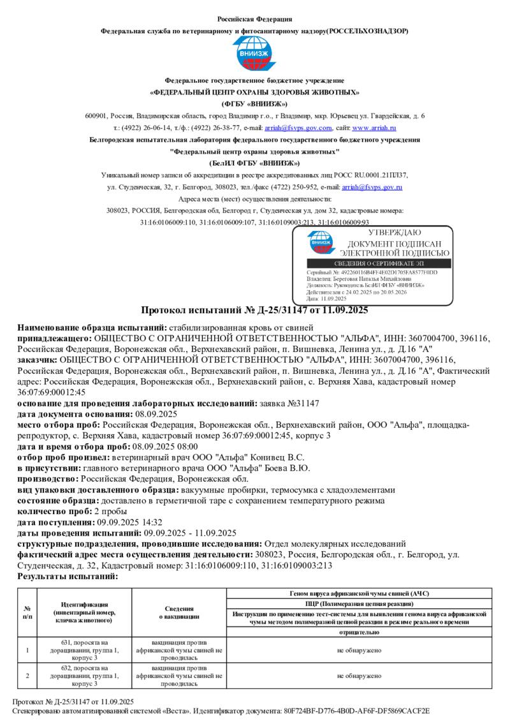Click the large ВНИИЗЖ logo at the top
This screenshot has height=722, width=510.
[254, 54]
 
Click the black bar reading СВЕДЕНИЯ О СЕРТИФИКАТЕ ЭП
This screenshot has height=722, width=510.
[377, 263]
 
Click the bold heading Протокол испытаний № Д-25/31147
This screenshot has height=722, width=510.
[254, 311]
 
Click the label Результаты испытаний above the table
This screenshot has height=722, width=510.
[68, 576]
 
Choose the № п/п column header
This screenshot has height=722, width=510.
[27, 612]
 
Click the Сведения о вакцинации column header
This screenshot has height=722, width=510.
[179, 612]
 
